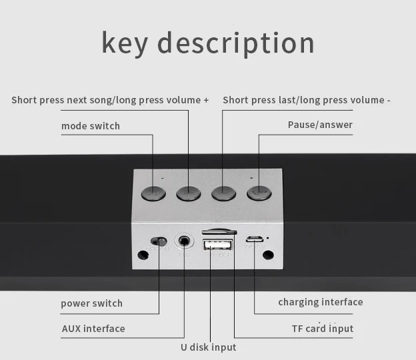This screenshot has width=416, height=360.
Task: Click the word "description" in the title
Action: [x=235, y=42]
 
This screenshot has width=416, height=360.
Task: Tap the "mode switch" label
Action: [x=91, y=125]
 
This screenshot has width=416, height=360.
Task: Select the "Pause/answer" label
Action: [x=320, y=125]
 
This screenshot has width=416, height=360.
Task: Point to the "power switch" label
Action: [x=92, y=303]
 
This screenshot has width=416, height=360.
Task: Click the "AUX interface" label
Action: [x=93, y=329]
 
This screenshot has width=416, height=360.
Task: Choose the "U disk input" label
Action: [x=209, y=347]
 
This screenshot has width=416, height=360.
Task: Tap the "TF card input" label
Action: [x=323, y=329]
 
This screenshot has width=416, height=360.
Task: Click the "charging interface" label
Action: [x=321, y=302]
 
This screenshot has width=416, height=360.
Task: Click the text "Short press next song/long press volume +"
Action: [x=110, y=100]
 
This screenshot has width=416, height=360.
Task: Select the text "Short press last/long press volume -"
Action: [x=307, y=100]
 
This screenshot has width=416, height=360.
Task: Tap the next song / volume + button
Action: [x=189, y=193]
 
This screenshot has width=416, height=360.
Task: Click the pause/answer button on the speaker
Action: [x=259, y=193]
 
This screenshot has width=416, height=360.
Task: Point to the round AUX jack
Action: [x=184, y=241]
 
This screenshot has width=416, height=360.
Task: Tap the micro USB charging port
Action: [x=254, y=239]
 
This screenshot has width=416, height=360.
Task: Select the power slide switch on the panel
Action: [x=159, y=241]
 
